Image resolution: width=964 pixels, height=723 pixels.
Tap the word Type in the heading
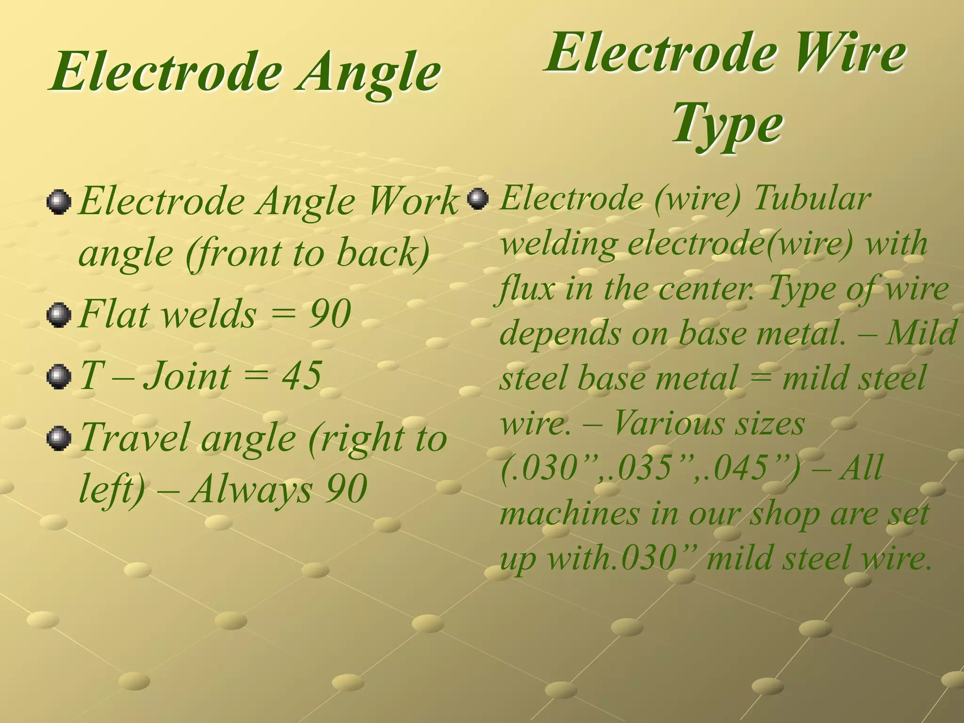click(727, 124)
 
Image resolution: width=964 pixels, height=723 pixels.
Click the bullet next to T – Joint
click(59, 377)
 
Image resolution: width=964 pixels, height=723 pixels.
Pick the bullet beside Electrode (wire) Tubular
click(478, 199)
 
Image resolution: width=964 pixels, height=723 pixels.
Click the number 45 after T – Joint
click(301, 376)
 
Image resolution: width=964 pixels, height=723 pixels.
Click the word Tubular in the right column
click(812, 199)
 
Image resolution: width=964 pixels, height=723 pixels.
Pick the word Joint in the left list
click(187, 377)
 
